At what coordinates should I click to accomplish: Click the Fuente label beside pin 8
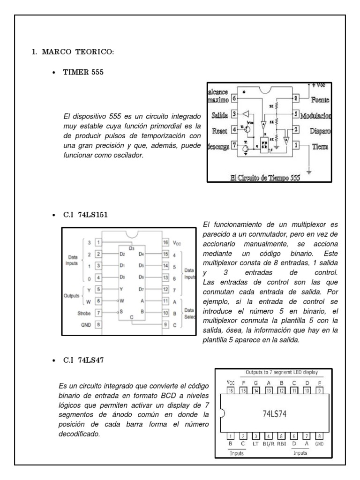point(321,100)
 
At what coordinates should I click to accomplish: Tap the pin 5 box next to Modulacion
point(296,114)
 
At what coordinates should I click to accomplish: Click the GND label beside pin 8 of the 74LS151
point(86,323)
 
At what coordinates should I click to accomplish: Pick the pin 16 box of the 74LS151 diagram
point(166,242)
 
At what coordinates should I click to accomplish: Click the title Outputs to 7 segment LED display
point(282,373)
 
